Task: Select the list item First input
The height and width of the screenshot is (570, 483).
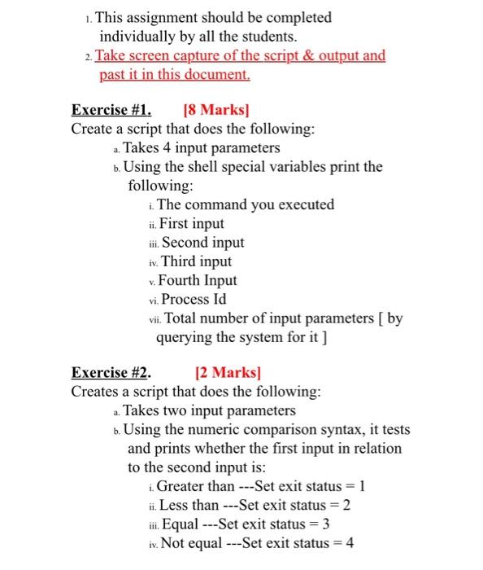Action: coord(192,223)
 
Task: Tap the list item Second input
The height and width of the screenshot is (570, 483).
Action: coord(202,242)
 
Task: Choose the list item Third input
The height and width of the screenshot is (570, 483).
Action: coord(196,261)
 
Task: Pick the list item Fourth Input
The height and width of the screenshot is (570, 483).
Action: coord(198,280)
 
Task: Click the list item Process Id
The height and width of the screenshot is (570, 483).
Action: coord(194,299)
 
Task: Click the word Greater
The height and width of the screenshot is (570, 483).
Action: coord(182,486)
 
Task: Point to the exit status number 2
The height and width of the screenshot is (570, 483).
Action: coord(347,505)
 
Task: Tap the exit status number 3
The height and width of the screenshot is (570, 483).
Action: coord(325,524)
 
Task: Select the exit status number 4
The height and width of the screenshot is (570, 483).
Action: coord(350,543)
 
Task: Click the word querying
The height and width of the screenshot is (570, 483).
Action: coord(185,336)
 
